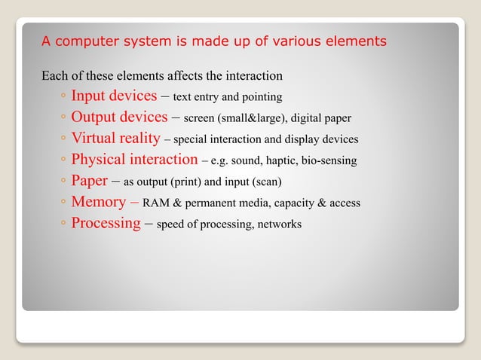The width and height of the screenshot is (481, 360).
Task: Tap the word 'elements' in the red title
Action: click(x=354, y=41)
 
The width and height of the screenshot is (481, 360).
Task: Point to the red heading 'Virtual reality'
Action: click(x=115, y=138)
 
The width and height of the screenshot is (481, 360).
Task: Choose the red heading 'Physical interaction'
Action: click(x=134, y=159)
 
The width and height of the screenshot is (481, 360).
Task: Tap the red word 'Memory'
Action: click(x=98, y=202)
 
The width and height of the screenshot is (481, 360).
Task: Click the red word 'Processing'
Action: click(x=106, y=223)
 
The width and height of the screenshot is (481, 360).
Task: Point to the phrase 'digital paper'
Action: click(x=320, y=118)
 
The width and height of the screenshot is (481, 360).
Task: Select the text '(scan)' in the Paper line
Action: click(x=266, y=182)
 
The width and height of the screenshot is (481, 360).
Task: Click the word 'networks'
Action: click(x=279, y=224)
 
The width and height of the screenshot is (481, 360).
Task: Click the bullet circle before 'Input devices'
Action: click(x=63, y=97)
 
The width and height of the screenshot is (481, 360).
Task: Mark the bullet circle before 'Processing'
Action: click(x=63, y=224)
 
